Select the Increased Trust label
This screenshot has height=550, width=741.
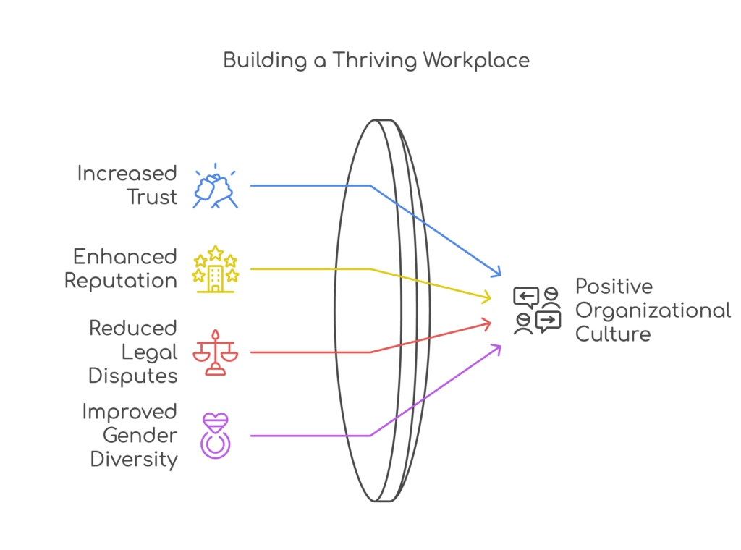pyautogui.click(x=127, y=185)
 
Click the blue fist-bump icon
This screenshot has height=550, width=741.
pyautogui.click(x=216, y=187)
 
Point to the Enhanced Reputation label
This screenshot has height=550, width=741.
pyautogui.click(x=122, y=268)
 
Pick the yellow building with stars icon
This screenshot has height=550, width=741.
pyautogui.click(x=214, y=269)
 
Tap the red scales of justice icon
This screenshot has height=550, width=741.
pyautogui.click(x=214, y=352)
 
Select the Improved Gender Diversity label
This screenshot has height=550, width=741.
pyautogui.click(x=130, y=435)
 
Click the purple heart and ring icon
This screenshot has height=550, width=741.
pyautogui.click(x=214, y=435)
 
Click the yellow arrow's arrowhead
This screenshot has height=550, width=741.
pyautogui.click(x=488, y=297)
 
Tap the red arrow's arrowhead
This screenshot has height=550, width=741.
pyautogui.click(x=488, y=322)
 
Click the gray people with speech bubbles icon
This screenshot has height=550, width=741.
pyautogui.click(x=537, y=310)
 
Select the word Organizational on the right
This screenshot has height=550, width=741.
pyautogui.click(x=653, y=310)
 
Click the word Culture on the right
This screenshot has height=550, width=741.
pyautogui.click(x=612, y=334)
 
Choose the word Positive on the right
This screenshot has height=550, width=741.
pyautogui.click(x=614, y=287)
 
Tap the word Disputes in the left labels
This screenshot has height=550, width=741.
pyautogui.click(x=133, y=376)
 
